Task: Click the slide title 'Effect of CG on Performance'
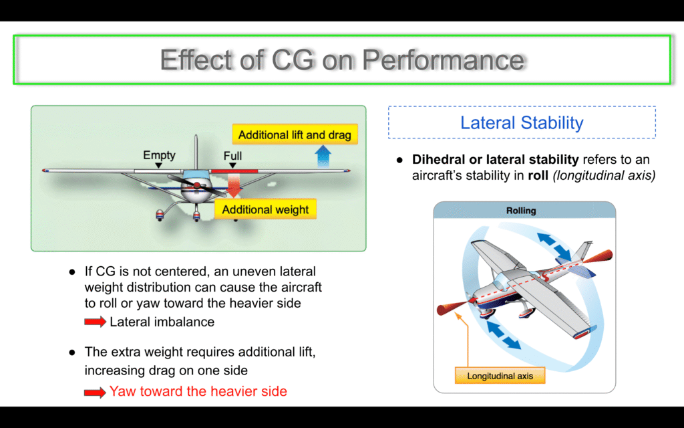(343, 60)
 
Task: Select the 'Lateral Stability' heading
(522, 123)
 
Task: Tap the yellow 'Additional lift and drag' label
(295, 134)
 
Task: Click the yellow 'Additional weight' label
(265, 209)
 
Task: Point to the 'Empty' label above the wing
(159, 155)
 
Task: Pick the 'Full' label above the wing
(232, 156)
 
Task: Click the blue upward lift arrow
(323, 156)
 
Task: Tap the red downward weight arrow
(234, 185)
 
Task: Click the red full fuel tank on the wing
(234, 171)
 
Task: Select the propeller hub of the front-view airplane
(197, 186)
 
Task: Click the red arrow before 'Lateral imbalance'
(95, 322)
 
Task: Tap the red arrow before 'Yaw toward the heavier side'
(95, 392)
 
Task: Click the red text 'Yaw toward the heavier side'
(198, 391)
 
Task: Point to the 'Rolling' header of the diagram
(521, 211)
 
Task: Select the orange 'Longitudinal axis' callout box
(500, 376)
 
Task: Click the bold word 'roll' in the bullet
(538, 175)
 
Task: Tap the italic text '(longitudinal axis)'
(604, 176)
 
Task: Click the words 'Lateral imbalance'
(162, 322)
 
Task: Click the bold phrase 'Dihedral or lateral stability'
(495, 159)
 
